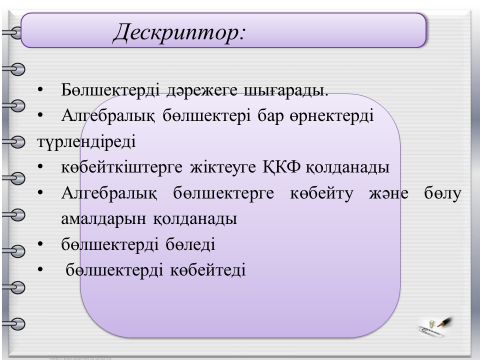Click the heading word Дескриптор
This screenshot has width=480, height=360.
pos(180,33)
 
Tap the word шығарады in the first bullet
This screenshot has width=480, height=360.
pos(286,90)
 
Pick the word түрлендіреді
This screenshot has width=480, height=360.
pos(86,142)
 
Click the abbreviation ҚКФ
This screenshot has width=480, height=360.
pos(282,167)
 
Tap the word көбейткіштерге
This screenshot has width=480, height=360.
pos(122,167)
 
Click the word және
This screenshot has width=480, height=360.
pos(389,193)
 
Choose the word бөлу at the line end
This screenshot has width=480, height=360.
pos(443,193)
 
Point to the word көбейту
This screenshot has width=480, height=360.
pos(321,193)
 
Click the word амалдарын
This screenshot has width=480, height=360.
pos(104,219)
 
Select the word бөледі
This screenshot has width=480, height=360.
pos(190,245)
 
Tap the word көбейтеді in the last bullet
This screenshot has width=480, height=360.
pos(208,270)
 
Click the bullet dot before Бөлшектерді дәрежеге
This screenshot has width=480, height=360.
pos(40,90)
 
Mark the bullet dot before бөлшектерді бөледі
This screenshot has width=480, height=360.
pos(40,245)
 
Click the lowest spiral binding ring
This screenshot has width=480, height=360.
pos(14,323)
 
